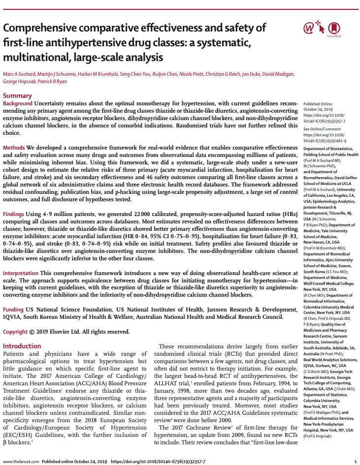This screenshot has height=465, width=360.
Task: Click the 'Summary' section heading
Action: tap(18, 95)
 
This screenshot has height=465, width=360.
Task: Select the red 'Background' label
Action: tap(18, 103)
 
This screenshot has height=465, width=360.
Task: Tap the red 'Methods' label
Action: tap(14, 148)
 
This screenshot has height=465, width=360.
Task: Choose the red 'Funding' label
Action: tap(13, 310)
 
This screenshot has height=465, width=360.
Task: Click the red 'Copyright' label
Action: tap(15, 332)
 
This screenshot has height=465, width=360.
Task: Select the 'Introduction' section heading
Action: tap(23, 346)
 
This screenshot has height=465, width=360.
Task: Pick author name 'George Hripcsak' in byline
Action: tap(20, 81)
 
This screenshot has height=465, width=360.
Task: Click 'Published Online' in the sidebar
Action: tap(318, 104)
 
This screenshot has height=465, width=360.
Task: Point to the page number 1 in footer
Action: tap(356, 462)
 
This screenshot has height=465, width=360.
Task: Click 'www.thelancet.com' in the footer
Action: tap(20, 462)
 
